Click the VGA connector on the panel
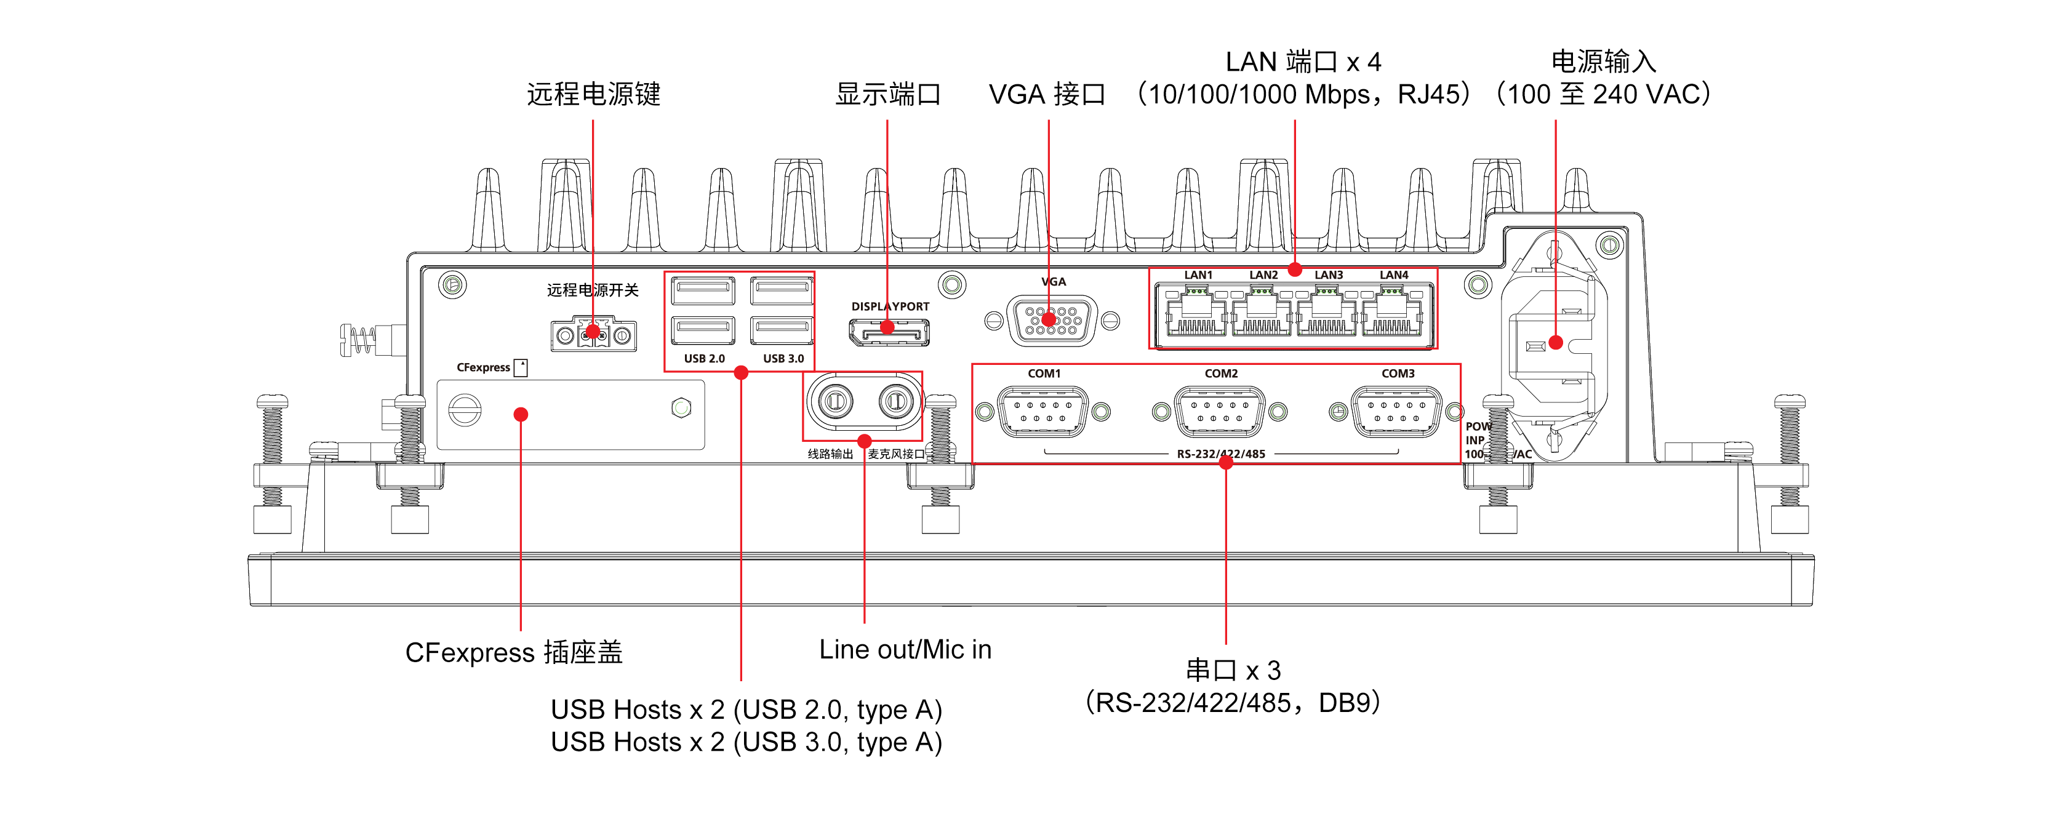[x=1051, y=321]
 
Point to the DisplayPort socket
[x=889, y=331]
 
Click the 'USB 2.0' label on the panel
[x=704, y=358]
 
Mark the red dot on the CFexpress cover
[x=521, y=414]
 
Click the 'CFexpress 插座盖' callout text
[x=514, y=652]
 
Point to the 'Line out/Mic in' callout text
[x=905, y=649]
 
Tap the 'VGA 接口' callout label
[x=1047, y=94]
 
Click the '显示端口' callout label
[x=887, y=94]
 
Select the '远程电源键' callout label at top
[x=593, y=94]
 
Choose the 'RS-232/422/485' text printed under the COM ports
[x=1221, y=454]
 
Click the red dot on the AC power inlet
[x=1555, y=342]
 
